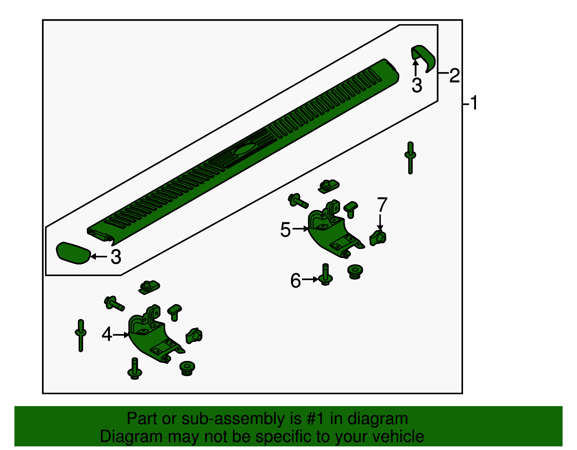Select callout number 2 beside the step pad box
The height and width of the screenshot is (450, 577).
(454, 75)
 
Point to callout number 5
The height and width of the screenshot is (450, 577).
(286, 230)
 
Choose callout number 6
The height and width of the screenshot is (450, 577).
(296, 281)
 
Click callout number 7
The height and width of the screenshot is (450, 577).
(382, 204)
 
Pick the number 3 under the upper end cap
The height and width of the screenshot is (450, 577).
(417, 85)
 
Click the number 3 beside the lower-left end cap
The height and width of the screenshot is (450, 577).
(116, 257)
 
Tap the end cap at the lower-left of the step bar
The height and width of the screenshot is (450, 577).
(73, 253)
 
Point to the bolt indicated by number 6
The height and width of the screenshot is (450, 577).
(325, 274)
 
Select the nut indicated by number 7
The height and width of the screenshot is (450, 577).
(378, 238)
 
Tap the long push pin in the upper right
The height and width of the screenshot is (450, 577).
(410, 158)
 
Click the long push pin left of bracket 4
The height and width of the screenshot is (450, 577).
(81, 336)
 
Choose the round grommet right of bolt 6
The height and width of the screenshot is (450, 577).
(355, 272)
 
